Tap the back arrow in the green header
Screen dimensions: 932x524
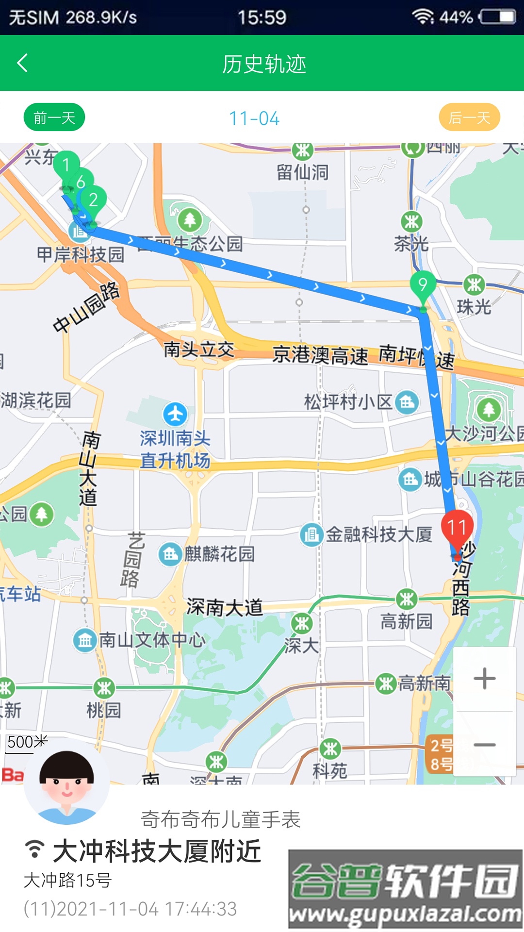22,63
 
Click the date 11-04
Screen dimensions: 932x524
254,118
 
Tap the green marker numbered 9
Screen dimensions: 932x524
422,285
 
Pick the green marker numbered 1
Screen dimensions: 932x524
66,166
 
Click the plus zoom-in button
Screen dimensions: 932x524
484,679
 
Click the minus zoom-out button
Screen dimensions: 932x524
484,744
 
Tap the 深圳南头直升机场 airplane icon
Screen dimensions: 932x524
175,414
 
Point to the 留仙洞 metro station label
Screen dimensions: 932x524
302,172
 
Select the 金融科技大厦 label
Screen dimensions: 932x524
378,534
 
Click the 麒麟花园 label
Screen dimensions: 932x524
219,554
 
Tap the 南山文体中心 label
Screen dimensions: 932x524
152,640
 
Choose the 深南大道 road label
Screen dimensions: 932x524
224,607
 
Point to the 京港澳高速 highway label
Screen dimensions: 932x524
320,355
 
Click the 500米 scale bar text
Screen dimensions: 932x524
27,742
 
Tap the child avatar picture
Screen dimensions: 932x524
66,781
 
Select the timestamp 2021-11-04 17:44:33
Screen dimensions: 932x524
130,909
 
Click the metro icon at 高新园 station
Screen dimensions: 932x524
407,600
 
